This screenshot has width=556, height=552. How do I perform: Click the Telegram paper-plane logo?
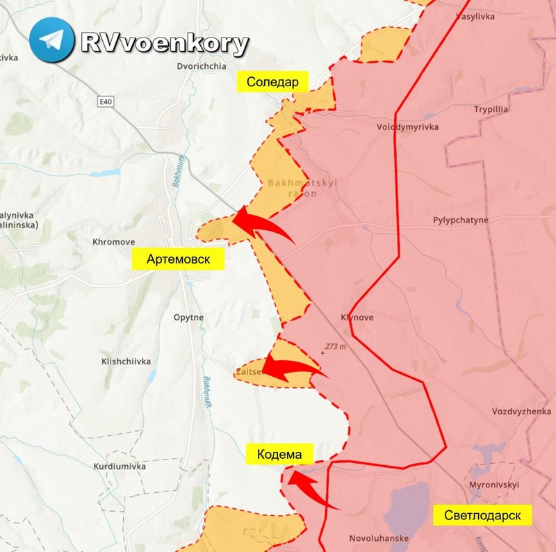(x=52, y=40)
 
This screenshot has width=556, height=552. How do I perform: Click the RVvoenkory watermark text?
(x=164, y=43)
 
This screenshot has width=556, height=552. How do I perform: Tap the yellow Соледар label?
(x=272, y=82)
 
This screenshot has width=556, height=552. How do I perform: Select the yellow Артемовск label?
(x=180, y=259)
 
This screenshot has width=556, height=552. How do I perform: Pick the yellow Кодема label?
(x=279, y=455)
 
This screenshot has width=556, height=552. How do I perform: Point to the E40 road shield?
(x=105, y=102)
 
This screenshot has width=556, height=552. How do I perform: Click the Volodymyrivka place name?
(x=407, y=127)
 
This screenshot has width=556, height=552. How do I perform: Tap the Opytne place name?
(x=188, y=317)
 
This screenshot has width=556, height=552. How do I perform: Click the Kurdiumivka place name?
(x=120, y=466)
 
